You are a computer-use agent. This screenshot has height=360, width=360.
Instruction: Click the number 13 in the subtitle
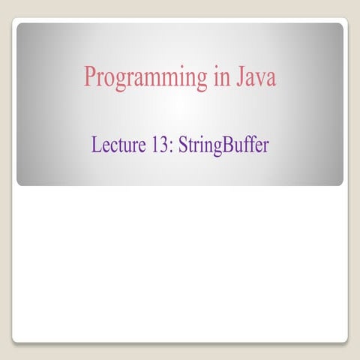(x=162, y=144)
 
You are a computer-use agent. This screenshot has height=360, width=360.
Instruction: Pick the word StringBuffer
(x=223, y=145)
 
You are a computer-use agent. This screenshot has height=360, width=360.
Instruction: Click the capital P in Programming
(x=90, y=76)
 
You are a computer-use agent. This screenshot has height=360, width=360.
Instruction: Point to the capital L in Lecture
(x=96, y=144)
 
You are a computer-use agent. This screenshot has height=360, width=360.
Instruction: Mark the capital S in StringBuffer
(x=182, y=144)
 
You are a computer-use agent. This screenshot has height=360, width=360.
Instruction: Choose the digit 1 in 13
(x=157, y=144)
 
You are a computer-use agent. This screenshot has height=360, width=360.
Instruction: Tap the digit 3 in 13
(x=166, y=144)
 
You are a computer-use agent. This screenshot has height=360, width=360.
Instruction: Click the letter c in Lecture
(x=113, y=146)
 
